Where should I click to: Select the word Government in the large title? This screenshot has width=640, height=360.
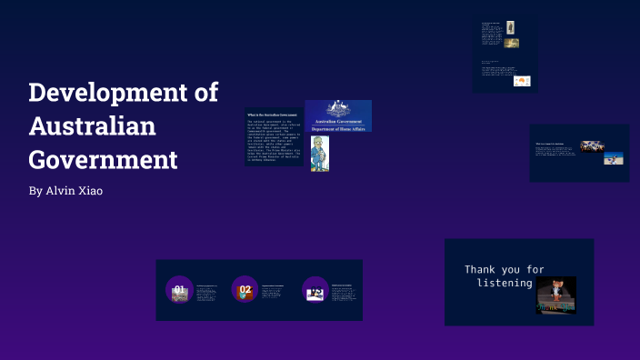click(x=103, y=160)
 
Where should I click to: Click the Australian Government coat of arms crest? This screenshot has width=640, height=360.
click(x=338, y=108)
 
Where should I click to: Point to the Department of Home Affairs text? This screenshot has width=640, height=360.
click(x=338, y=128)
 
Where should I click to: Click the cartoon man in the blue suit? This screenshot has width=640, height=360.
click(x=319, y=154)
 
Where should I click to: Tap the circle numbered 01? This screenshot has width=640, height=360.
click(x=179, y=290)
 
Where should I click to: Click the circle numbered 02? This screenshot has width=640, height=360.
click(x=245, y=290)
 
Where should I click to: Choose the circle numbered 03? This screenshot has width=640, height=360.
click(x=315, y=291)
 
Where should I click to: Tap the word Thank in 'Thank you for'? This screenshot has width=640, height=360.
click(x=482, y=270)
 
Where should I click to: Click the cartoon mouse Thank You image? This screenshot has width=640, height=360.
click(x=555, y=295)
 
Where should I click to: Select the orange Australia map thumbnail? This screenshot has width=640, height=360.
click(x=522, y=81)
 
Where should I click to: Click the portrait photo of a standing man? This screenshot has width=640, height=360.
click(x=511, y=27)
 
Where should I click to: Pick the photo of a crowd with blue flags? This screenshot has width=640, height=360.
click(x=594, y=145)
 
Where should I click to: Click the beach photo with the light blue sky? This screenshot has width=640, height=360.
click(x=614, y=158)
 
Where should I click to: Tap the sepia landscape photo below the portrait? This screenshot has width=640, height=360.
click(x=512, y=43)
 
